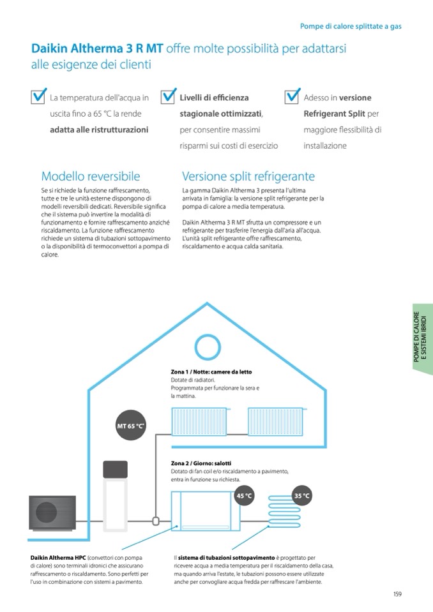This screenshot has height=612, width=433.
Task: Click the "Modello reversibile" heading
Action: [x=90, y=176]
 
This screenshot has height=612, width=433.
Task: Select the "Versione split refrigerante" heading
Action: [x=248, y=176]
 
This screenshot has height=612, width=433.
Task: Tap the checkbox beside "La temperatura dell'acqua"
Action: [x=39, y=96]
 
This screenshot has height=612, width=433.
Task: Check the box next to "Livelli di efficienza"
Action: [x=168, y=96]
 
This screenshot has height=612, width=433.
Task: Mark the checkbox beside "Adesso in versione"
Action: [x=292, y=96]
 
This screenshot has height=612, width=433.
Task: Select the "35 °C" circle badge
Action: [x=302, y=495]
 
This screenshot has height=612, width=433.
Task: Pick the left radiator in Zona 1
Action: [x=201, y=421]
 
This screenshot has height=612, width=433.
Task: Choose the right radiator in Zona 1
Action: [x=275, y=421]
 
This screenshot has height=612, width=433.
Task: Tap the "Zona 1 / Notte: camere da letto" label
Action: [x=211, y=372]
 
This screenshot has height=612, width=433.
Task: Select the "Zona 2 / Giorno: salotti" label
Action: [x=201, y=463]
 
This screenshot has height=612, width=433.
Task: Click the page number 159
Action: [x=397, y=594]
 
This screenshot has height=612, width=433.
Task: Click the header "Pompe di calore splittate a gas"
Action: [x=350, y=26]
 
